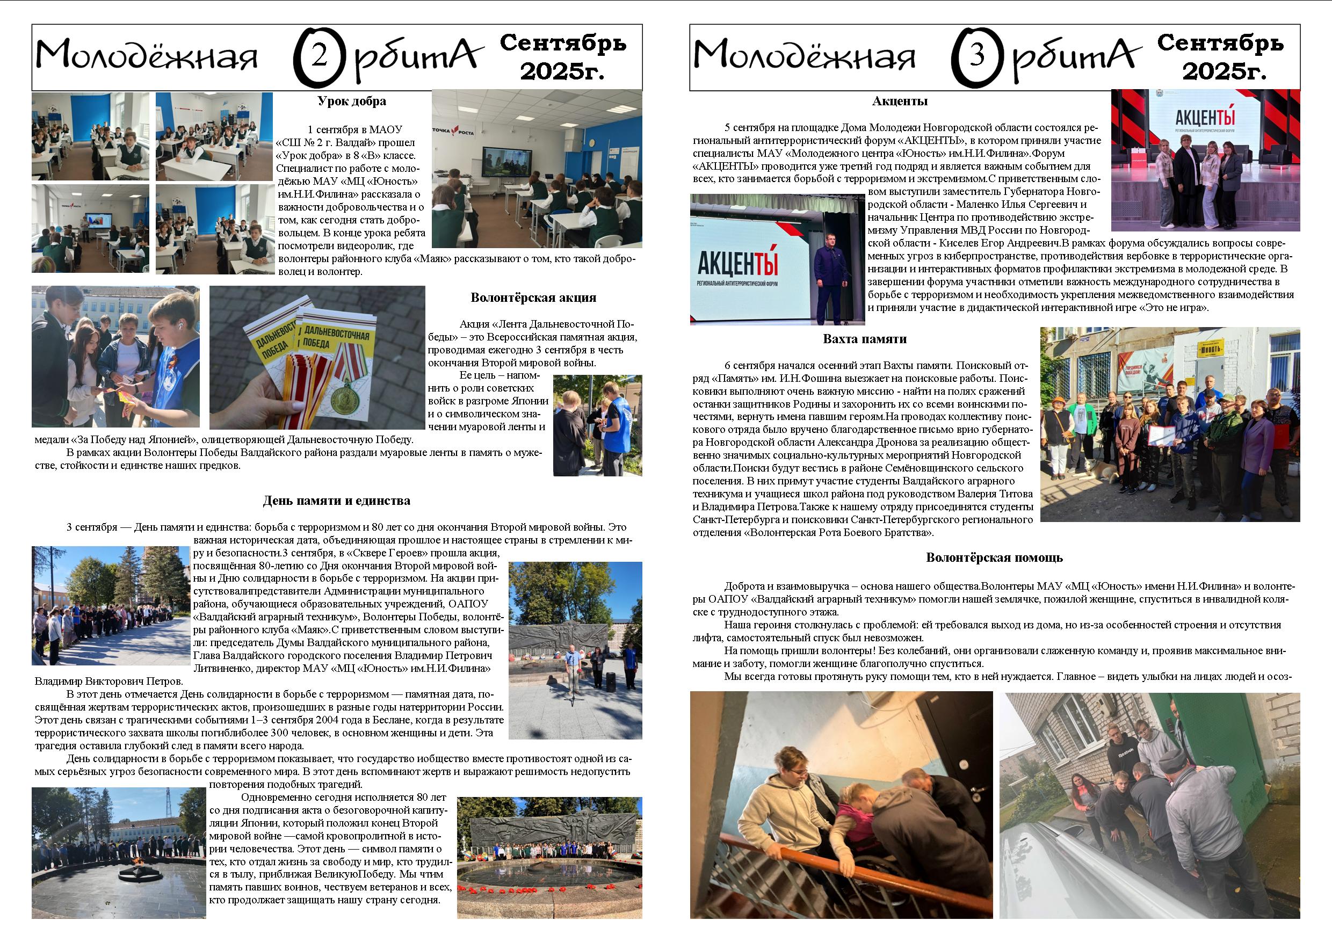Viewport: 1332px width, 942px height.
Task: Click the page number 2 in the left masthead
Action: tap(318, 57)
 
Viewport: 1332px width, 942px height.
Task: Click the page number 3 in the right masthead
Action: tap(977, 56)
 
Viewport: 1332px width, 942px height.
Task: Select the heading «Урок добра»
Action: tap(352, 101)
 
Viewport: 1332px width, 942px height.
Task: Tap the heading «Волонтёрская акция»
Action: tap(533, 298)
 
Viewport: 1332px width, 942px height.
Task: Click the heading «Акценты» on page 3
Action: tap(900, 101)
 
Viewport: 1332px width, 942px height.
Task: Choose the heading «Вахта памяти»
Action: tap(864, 339)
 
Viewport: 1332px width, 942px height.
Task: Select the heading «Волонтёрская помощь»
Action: tap(994, 557)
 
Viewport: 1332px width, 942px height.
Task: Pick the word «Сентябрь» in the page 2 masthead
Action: tap(563, 43)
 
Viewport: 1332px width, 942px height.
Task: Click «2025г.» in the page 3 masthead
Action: tap(1224, 71)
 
